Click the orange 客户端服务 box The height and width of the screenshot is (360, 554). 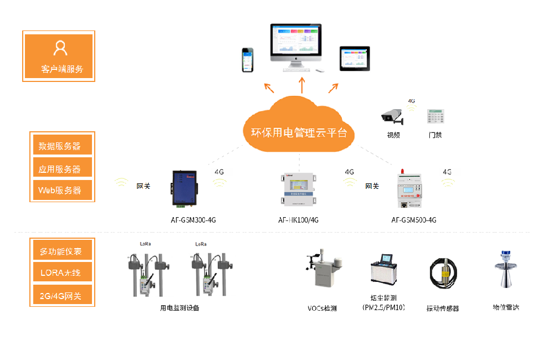click(x=59, y=56)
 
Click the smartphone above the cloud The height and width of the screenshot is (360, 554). click(x=248, y=60)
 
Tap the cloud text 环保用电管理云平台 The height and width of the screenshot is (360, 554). click(x=299, y=133)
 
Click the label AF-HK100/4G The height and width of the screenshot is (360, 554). click(x=298, y=220)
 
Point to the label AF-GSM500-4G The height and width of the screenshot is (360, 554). click(x=413, y=220)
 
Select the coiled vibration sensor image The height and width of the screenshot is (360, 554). click(x=443, y=274)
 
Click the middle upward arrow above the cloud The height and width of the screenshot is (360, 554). click(x=302, y=85)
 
